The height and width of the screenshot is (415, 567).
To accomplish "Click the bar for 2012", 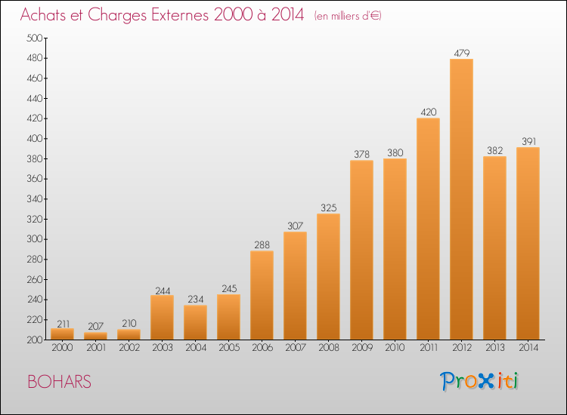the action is click(461, 199).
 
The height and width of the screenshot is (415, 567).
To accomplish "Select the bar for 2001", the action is click(95, 336).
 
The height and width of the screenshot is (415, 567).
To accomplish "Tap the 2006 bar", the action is click(262, 295).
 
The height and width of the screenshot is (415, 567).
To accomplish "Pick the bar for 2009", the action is click(361, 250).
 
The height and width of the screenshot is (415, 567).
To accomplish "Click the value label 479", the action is click(462, 53).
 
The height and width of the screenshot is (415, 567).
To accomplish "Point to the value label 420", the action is click(429, 112).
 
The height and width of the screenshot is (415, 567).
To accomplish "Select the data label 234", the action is click(196, 299).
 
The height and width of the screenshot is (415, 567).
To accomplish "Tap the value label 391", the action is click(528, 141).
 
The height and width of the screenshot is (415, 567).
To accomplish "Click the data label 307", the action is click(296, 226).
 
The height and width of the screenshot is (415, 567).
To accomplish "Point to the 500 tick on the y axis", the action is click(35, 38).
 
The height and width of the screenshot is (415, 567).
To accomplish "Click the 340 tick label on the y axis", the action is click(35, 199).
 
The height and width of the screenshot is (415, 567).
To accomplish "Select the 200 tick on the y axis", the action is click(35, 340).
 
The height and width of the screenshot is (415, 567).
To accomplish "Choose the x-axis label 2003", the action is click(163, 348).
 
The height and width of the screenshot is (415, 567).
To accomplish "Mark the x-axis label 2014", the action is click(528, 348).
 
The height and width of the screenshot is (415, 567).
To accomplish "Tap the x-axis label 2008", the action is click(329, 348).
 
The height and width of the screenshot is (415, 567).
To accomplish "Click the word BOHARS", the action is click(59, 382).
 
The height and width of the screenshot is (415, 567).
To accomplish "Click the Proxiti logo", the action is click(479, 381).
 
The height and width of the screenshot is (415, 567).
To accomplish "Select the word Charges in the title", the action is click(117, 15).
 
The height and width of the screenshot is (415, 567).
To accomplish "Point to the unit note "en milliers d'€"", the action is click(348, 16).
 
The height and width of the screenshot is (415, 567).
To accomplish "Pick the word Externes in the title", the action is click(180, 14).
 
